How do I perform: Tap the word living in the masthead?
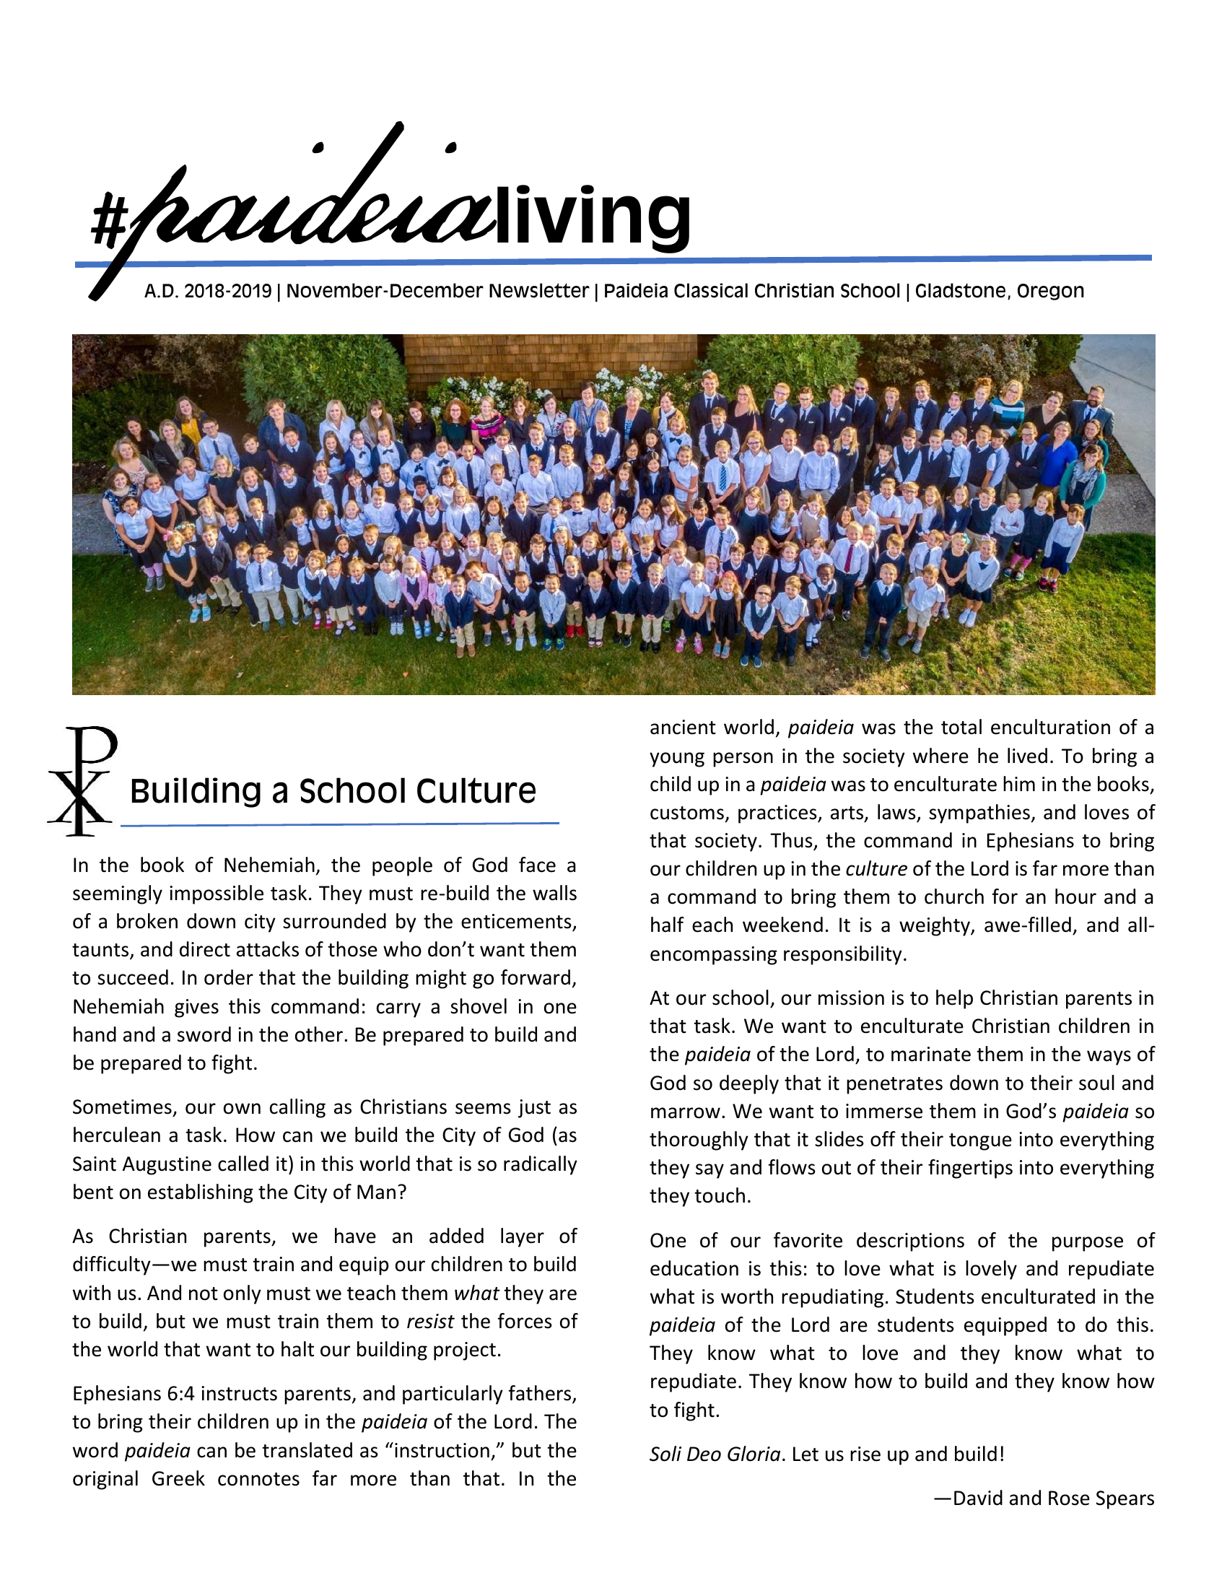592,216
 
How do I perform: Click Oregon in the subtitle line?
1049,292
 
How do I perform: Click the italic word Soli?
665,1454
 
